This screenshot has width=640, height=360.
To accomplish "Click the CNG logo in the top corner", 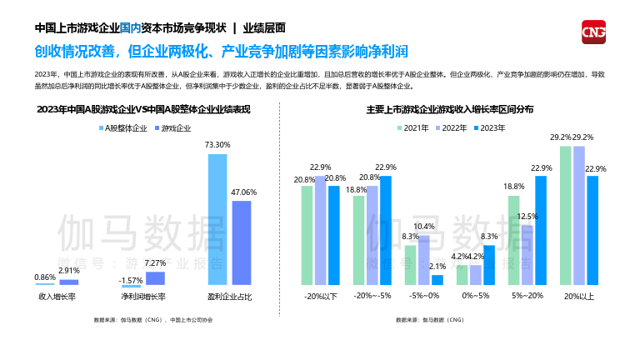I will [592, 31].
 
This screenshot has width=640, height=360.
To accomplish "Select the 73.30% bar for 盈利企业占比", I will [217, 220].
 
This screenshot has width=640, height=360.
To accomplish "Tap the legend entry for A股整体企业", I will [124, 128].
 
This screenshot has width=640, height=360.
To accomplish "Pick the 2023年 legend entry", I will [489, 127].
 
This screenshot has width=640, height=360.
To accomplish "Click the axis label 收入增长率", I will [57, 297].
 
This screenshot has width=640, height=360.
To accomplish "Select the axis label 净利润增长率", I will [142, 297].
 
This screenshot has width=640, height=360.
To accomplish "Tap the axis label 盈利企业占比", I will [228, 297].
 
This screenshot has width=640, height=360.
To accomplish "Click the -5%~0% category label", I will [424, 297].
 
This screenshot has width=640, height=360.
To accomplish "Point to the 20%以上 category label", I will [579, 297].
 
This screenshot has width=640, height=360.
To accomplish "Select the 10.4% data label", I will [424, 227].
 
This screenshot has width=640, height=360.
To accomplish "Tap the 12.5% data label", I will [527, 217].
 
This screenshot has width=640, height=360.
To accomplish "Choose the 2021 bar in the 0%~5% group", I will [462, 275].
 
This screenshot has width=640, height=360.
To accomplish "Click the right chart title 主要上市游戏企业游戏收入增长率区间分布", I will [450, 109].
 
